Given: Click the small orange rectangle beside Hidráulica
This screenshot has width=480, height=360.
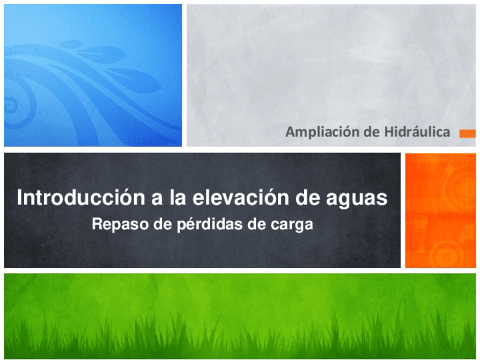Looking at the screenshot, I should point(467,134).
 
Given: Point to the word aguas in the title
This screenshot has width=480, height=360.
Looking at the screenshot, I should point(359,199).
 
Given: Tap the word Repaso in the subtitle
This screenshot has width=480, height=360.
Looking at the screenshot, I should point(117,225).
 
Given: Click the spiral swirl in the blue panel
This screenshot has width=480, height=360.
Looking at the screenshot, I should point(11,105).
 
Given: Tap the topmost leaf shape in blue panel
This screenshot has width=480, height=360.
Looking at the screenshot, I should point(70,43).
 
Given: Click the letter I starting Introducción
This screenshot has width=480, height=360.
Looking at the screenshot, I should point(20,198).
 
